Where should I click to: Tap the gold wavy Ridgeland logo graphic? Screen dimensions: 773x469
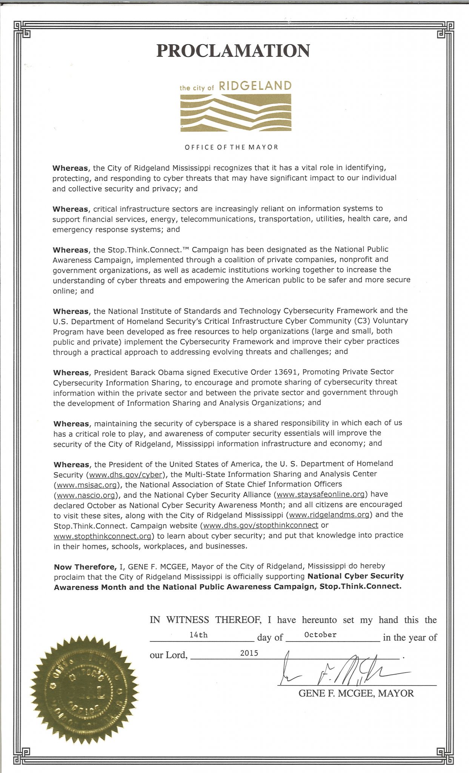click(x=236, y=112)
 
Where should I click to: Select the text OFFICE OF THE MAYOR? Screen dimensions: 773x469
click(x=231, y=147)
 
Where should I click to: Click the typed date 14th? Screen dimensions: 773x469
click(x=198, y=635)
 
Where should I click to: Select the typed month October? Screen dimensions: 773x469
click(x=320, y=635)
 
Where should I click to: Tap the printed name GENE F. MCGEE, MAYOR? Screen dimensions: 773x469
click(x=356, y=693)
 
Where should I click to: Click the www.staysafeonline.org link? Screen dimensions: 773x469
click(x=321, y=494)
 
